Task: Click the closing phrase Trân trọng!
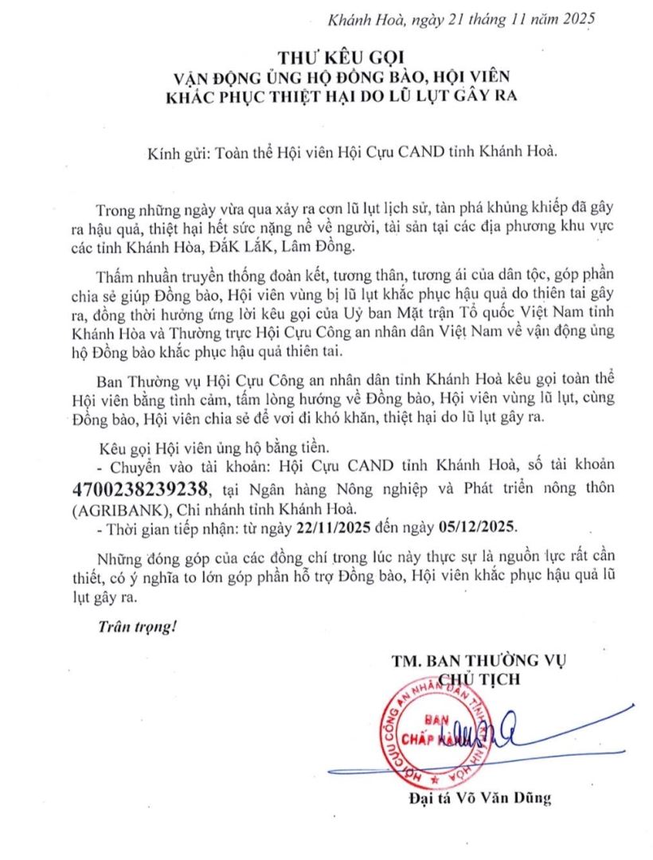(135, 627)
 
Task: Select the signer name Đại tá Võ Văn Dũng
(476, 798)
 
